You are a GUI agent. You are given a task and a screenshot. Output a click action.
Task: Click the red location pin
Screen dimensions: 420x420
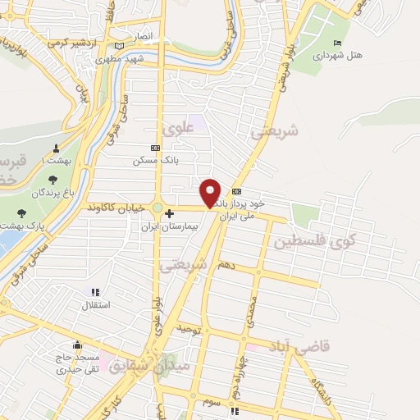211,192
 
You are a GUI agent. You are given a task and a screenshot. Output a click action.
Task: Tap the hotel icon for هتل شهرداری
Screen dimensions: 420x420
337,43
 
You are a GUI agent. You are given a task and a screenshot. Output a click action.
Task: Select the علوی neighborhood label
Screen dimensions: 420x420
177,129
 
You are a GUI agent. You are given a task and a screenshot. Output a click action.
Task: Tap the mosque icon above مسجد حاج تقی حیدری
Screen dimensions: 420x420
76,345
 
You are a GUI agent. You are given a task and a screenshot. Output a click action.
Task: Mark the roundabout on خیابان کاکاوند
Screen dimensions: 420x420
157,208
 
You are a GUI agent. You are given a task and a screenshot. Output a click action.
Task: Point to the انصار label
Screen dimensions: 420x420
143,37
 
